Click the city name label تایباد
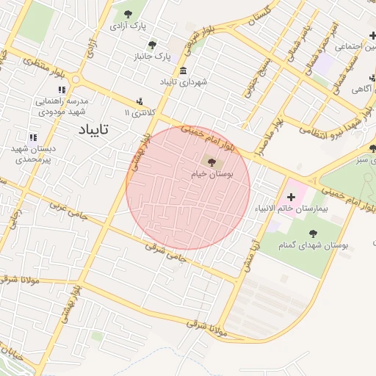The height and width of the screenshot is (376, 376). [x=93, y=130]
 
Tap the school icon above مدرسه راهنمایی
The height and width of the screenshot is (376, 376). [x=62, y=90]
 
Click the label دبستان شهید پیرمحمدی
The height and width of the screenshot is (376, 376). [x=33, y=153]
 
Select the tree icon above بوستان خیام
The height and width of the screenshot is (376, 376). [x=211, y=162]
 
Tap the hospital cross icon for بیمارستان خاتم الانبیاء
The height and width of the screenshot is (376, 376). [x=292, y=196]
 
